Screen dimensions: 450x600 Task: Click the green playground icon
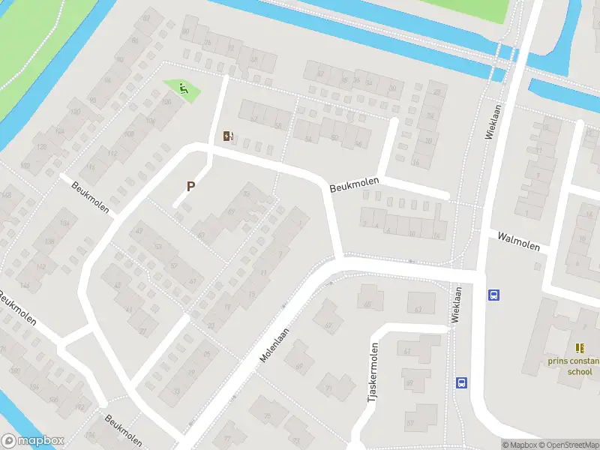point(183,90)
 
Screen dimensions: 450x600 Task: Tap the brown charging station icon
point(228,136)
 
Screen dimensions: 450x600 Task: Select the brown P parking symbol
point(190,186)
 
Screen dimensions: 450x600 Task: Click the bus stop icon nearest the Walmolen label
point(493,295)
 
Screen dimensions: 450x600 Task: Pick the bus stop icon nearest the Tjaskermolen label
point(461,382)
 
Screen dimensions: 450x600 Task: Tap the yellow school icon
point(579,348)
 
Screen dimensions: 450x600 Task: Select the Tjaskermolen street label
point(372,373)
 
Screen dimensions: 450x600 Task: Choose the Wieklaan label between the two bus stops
point(455,304)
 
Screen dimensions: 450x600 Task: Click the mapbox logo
point(32,441)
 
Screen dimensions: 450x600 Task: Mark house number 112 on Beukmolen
point(112,154)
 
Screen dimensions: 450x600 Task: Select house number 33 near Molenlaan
point(177,390)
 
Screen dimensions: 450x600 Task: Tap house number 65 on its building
point(367,304)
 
